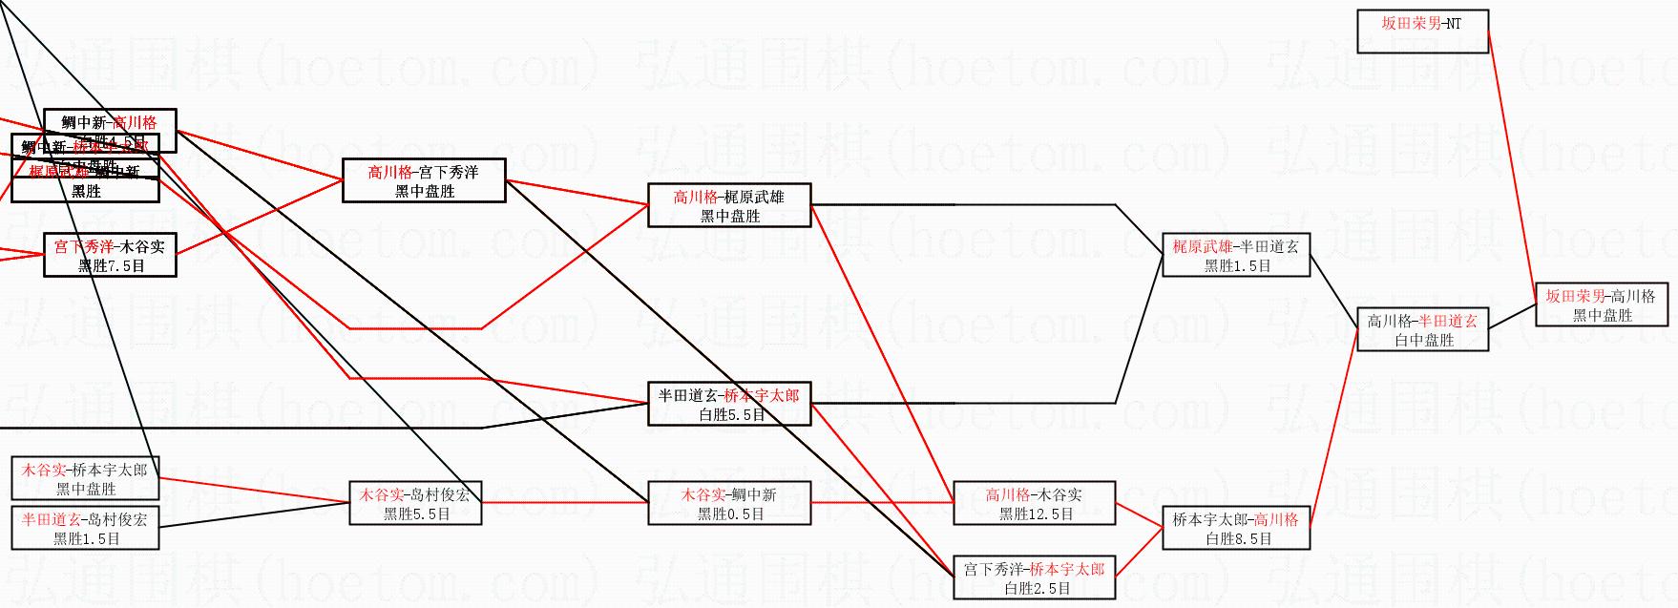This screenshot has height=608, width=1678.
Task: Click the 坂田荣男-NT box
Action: point(1422,31)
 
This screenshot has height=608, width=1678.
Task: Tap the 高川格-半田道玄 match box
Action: point(1422,329)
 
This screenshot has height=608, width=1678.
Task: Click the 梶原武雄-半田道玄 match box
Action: point(1236,255)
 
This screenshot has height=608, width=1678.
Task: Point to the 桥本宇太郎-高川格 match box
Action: point(1236,528)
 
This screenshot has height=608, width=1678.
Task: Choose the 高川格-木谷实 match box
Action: point(1034,503)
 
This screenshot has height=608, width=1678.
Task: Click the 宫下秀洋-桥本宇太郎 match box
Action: point(1034,577)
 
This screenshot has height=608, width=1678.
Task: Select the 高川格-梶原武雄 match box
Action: point(729,205)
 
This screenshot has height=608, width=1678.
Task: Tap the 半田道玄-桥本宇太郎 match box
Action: point(729,404)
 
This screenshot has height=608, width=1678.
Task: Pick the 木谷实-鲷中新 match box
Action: point(729,503)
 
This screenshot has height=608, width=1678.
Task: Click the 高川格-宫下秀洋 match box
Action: point(424,180)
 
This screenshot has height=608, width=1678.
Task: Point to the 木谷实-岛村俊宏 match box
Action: point(415,503)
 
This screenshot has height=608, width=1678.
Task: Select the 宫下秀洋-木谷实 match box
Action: point(110,255)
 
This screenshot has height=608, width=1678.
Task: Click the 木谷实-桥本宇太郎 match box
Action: point(85,478)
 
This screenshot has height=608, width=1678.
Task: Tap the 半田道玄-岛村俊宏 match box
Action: point(85,528)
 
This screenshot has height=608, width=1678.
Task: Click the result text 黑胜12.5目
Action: point(1036,514)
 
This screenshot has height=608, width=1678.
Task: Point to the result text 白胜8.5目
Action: point(1238,538)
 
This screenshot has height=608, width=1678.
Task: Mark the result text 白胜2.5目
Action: point(1037,588)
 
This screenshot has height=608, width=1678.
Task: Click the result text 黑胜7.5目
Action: point(111,265)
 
